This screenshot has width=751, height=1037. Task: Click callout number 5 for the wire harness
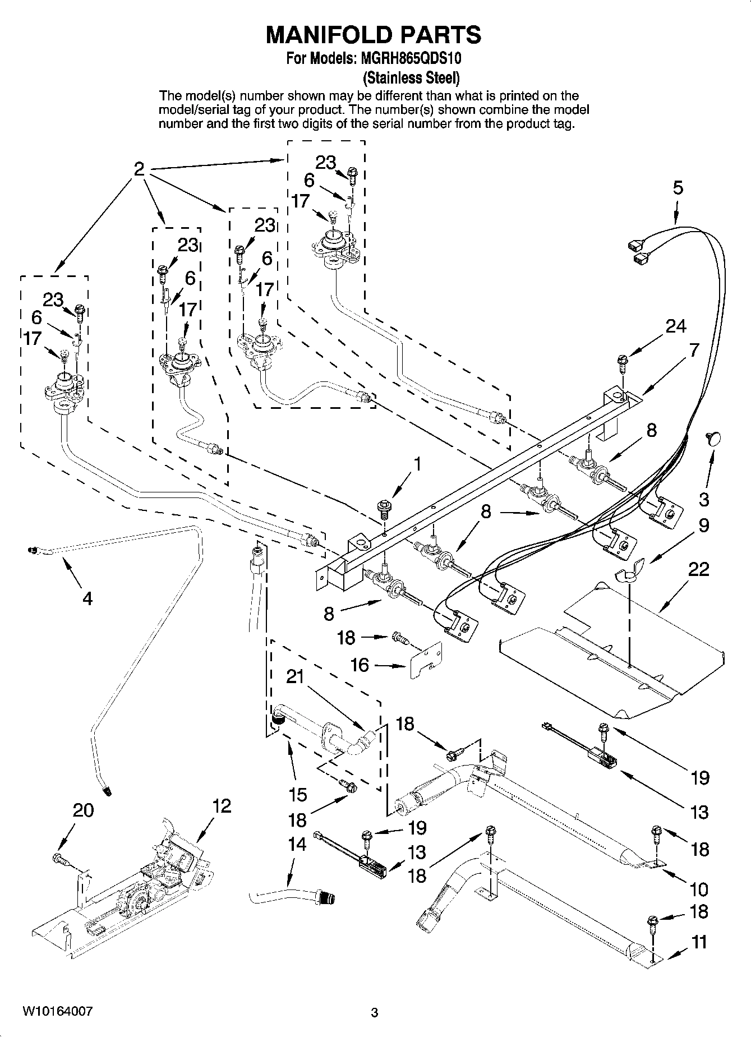coord(678,188)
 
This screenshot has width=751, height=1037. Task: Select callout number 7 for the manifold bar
coord(694,350)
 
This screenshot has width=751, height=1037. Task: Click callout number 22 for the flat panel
coord(699,569)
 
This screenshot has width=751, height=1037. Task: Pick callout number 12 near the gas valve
coord(222,806)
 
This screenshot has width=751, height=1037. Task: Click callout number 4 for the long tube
coord(87,598)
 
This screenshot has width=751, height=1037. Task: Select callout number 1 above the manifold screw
coord(416,464)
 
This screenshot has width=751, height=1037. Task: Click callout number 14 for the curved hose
coord(297,844)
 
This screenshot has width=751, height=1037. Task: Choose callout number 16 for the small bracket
coord(360,665)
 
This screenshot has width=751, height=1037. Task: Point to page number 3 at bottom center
coord(375,1013)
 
